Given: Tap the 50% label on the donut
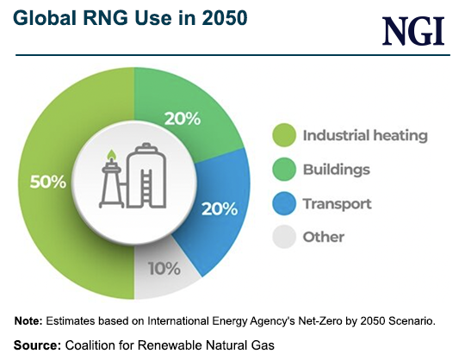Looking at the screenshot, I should [49, 182].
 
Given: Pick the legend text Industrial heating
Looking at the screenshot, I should [364, 135].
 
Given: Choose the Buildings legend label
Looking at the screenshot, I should [336, 170].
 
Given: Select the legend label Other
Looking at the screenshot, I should [323, 237].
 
